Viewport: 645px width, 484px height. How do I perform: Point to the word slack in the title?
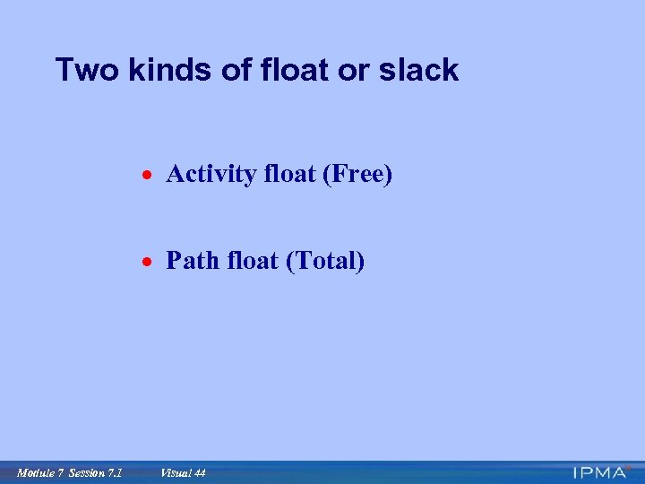[421, 70]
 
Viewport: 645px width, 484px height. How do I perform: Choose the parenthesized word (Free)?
[357, 174]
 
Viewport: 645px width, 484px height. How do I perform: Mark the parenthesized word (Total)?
[324, 262]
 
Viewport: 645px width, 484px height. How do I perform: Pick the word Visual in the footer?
[174, 472]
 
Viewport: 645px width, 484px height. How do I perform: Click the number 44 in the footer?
[199, 472]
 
